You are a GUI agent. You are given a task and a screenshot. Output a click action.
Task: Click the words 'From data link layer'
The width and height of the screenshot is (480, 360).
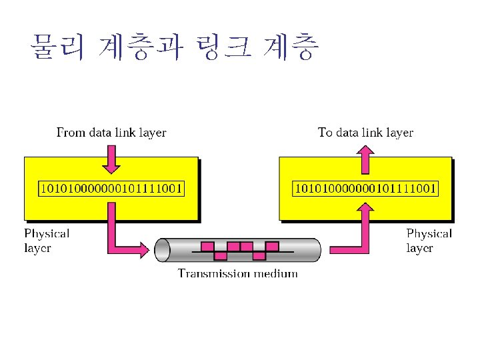111,133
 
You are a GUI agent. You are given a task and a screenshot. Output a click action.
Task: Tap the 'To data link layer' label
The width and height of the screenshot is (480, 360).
365,133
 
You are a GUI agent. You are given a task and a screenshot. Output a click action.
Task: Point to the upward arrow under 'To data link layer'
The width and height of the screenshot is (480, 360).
365,159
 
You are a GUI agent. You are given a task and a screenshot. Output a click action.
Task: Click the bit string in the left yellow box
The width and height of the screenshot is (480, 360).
111,189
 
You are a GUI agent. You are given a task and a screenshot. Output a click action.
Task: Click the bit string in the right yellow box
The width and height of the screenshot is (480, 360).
365,189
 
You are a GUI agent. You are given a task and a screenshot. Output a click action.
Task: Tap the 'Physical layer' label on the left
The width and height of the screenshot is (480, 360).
47,241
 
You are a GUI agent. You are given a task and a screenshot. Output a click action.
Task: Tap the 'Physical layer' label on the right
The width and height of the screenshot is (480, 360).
429,241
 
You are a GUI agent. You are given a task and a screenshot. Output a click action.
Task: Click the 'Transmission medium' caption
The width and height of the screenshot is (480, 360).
237,274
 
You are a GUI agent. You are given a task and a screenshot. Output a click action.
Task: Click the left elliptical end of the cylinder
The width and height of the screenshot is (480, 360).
163,250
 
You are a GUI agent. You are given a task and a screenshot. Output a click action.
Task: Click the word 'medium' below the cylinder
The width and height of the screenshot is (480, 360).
276,274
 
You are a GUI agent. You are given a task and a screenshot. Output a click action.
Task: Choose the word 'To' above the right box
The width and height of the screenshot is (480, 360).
325,133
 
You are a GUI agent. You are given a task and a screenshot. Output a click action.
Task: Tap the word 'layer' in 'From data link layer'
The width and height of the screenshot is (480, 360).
153,133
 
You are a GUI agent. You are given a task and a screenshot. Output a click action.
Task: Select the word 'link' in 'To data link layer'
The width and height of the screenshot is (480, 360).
370,133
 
